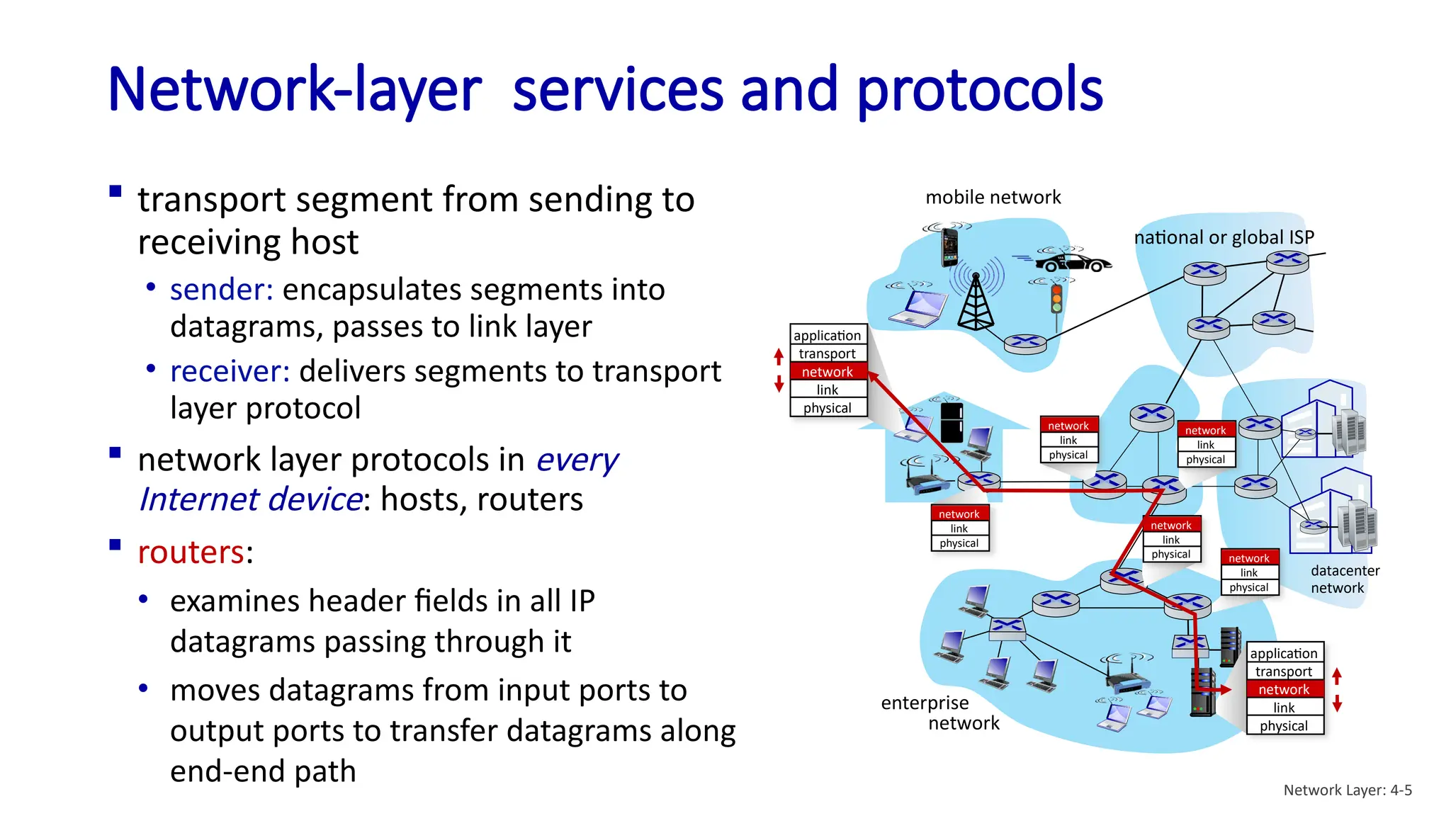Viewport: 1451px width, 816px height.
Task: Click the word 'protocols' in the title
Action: (979, 91)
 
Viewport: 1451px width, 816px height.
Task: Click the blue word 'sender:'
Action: (221, 290)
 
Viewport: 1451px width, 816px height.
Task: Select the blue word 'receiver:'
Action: (230, 371)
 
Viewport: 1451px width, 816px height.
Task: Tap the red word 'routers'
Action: (191, 552)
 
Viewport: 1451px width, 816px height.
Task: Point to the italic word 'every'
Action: (577, 460)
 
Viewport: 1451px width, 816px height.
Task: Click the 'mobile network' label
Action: (993, 197)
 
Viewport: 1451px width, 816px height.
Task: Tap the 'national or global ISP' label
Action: (1224, 237)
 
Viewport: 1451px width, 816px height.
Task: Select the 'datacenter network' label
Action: (1344, 579)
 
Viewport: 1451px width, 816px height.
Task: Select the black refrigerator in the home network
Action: (952, 422)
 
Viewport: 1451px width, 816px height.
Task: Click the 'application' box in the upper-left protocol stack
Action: (827, 335)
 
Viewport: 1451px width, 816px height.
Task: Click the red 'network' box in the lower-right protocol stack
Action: (1283, 689)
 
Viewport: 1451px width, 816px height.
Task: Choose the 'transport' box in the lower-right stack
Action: (1283, 671)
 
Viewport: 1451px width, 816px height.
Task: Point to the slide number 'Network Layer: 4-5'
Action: (1347, 790)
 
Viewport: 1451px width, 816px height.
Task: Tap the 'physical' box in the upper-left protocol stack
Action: (827, 408)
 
